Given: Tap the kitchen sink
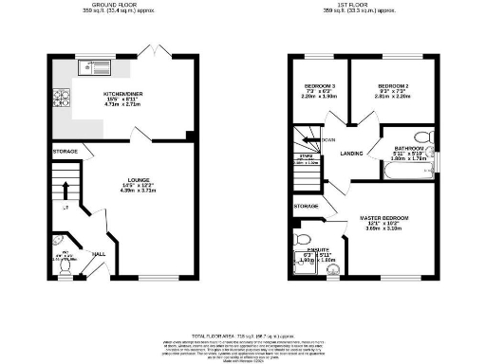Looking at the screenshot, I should (x=101, y=65).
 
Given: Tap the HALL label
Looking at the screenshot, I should (x=98, y=254).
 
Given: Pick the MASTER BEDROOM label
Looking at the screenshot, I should (x=383, y=220).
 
